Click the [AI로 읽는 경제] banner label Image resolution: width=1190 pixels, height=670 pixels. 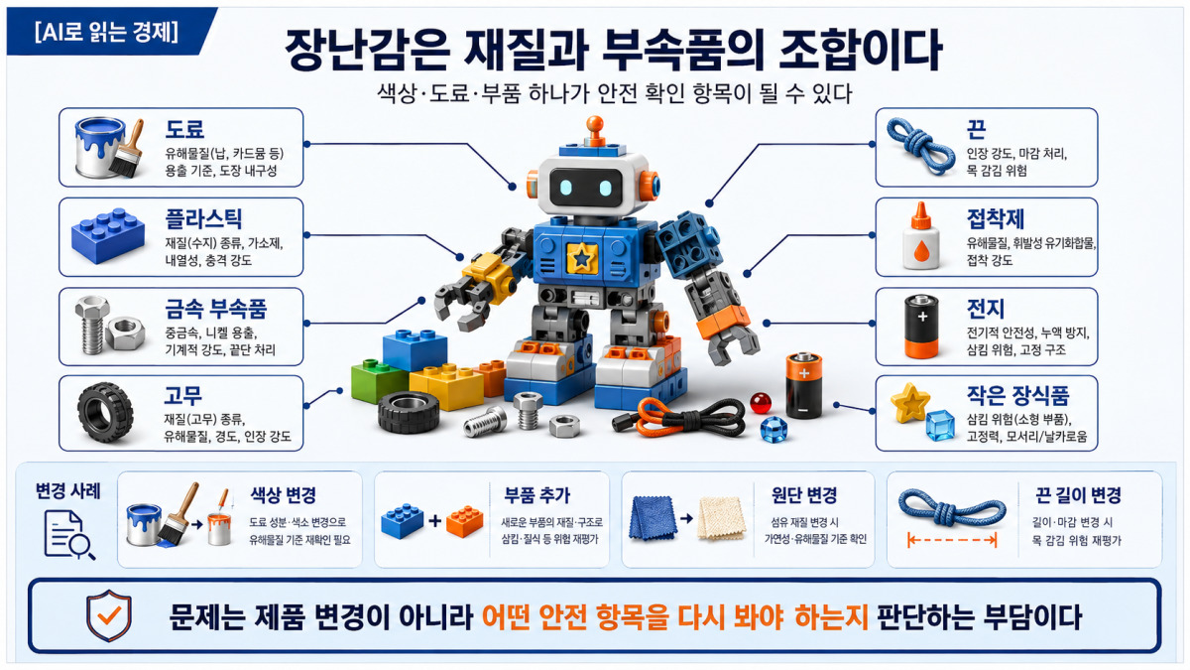coord(106,32)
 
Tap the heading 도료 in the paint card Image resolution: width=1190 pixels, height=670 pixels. coord(184,129)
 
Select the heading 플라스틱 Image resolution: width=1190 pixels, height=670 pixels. coord(203,218)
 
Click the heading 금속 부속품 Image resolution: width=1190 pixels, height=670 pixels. coord(216,309)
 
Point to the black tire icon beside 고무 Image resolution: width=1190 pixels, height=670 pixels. coord(105,412)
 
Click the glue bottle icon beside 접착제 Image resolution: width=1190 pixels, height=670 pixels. coord(921,235)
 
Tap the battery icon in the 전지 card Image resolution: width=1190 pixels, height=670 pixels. coord(921,326)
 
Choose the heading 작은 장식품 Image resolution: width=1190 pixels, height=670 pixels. coord(1017,395)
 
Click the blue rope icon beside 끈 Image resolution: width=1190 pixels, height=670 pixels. coord(920,146)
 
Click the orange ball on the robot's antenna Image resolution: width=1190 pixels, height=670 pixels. coord(595,124)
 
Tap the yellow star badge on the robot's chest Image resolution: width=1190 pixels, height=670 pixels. coord(582,258)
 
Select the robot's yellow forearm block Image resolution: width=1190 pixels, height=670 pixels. coord(490,276)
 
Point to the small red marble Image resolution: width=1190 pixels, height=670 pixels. coord(761,403)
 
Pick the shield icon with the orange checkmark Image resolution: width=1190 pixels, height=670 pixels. coord(109,615)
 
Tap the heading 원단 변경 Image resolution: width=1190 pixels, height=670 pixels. coord(804,495)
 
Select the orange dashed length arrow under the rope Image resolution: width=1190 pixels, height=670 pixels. coord(951,541)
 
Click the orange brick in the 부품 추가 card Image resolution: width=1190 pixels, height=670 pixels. coord(464,521)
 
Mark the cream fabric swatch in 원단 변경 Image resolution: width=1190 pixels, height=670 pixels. coord(721,518)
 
